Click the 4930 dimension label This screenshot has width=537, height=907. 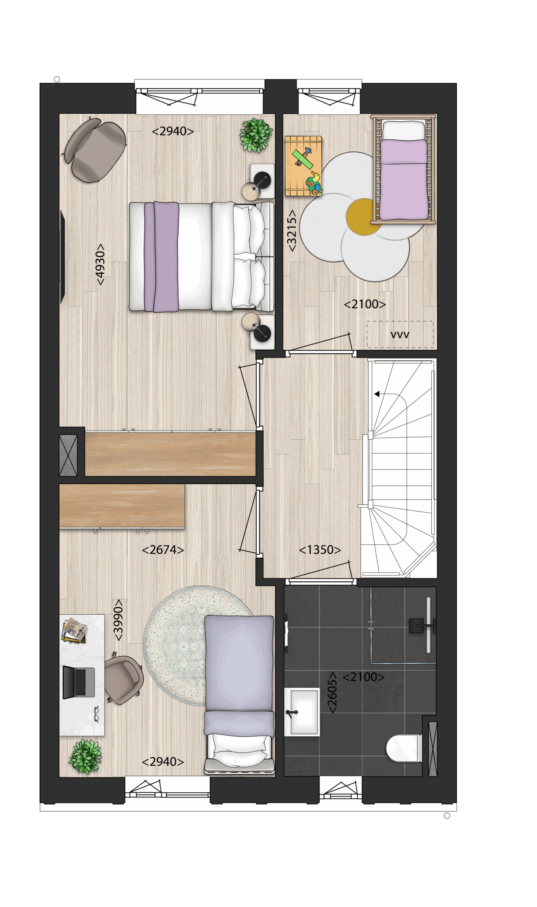tap(100, 264)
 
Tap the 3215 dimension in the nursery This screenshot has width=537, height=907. tap(292, 231)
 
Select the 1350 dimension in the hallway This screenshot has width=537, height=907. tap(320, 550)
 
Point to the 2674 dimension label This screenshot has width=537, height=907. tap(163, 550)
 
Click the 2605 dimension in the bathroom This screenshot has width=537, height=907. tap(332, 693)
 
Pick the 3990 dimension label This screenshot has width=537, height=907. tap(118, 620)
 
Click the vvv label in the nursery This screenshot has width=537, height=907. tap(400, 335)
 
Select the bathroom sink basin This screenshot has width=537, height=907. tap(304, 712)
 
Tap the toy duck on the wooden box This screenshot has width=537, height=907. tap(314, 183)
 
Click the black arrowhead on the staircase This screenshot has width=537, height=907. tap(377, 394)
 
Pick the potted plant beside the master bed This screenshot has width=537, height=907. tap(256, 135)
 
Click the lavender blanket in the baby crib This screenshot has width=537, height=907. tap(404, 180)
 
